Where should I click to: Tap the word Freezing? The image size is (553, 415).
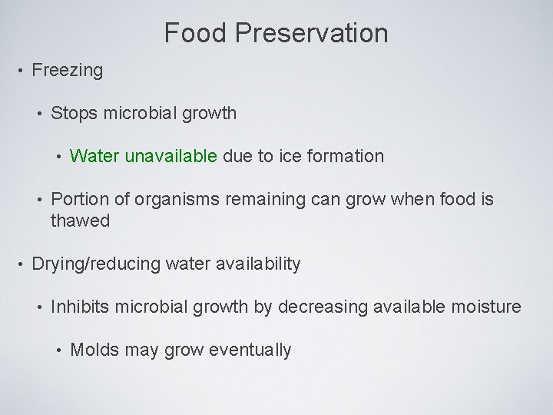(x=67, y=71)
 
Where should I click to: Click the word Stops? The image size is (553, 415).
(x=74, y=114)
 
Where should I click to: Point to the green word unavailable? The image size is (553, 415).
(x=171, y=156)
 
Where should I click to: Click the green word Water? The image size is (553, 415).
(x=94, y=156)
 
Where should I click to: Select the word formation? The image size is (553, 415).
(x=343, y=156)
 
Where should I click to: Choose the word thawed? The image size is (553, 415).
(x=80, y=221)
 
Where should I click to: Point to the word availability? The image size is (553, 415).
(x=256, y=264)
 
